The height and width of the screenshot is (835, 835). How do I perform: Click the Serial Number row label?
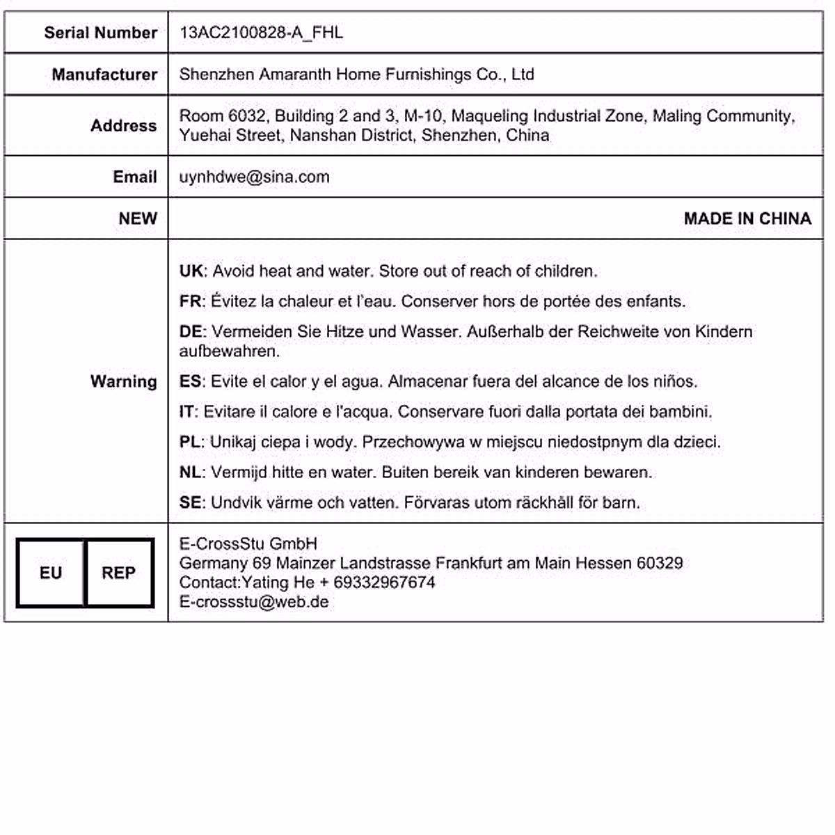tap(100, 33)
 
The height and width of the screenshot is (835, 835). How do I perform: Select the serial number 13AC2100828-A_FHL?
tap(261, 33)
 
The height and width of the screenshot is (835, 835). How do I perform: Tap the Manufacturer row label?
tap(104, 74)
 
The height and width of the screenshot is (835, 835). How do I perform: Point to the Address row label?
tap(123, 126)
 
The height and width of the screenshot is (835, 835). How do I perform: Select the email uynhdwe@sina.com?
tap(254, 177)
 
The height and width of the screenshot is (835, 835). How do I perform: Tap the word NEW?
tap(138, 218)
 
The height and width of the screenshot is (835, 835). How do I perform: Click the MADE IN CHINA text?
tap(747, 218)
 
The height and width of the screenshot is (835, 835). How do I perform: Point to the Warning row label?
tap(123, 381)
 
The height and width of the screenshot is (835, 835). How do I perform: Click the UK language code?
tap(191, 271)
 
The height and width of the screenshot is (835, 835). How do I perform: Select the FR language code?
tap(190, 301)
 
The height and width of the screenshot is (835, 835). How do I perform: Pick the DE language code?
tap(191, 332)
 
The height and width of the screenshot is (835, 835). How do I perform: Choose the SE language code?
tap(190, 502)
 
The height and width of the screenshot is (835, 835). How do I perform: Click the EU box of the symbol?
tap(51, 573)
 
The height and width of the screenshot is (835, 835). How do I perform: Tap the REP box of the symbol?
tap(119, 573)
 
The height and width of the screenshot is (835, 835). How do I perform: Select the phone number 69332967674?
tap(384, 582)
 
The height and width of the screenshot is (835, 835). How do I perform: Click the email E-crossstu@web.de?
tap(254, 602)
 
